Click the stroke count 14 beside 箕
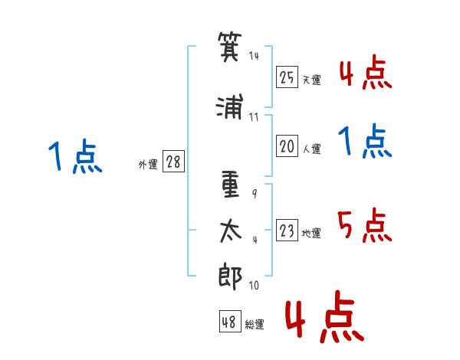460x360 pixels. click(255, 56)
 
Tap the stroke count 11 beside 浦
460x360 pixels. click(254, 117)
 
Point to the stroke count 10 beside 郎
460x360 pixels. click(254, 286)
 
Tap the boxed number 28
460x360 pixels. click(173, 162)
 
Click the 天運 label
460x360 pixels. click(311, 80)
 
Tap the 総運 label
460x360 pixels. click(255, 325)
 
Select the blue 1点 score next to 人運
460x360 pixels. click(364, 142)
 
